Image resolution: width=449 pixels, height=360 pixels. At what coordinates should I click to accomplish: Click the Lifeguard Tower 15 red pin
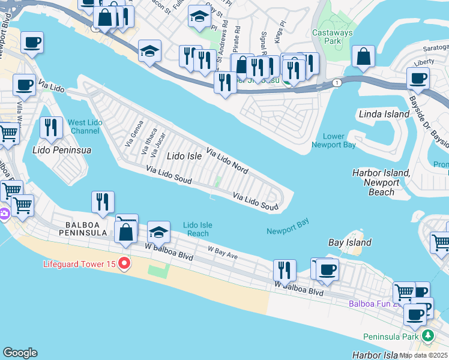click(125, 263)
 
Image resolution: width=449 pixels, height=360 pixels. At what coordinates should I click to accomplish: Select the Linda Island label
click(384, 114)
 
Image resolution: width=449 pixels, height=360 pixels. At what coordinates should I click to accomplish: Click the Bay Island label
click(350, 243)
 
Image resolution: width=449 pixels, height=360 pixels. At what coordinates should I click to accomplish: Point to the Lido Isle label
click(184, 156)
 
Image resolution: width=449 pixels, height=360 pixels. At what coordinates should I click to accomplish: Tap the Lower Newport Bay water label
click(334, 140)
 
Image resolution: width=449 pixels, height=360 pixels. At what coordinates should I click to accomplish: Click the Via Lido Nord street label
click(227, 160)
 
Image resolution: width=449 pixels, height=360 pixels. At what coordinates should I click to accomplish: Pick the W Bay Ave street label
click(223, 252)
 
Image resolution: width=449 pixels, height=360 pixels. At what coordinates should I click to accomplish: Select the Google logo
click(20, 353)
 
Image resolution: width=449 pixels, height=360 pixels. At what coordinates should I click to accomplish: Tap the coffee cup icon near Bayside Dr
click(418, 79)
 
